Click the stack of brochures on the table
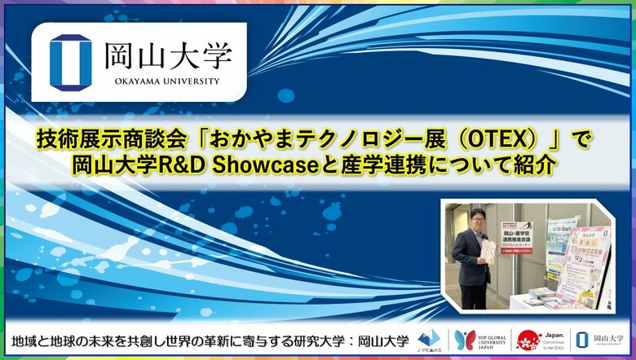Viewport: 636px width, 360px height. tap(542, 293)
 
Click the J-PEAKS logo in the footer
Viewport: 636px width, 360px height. tap(429, 339)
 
